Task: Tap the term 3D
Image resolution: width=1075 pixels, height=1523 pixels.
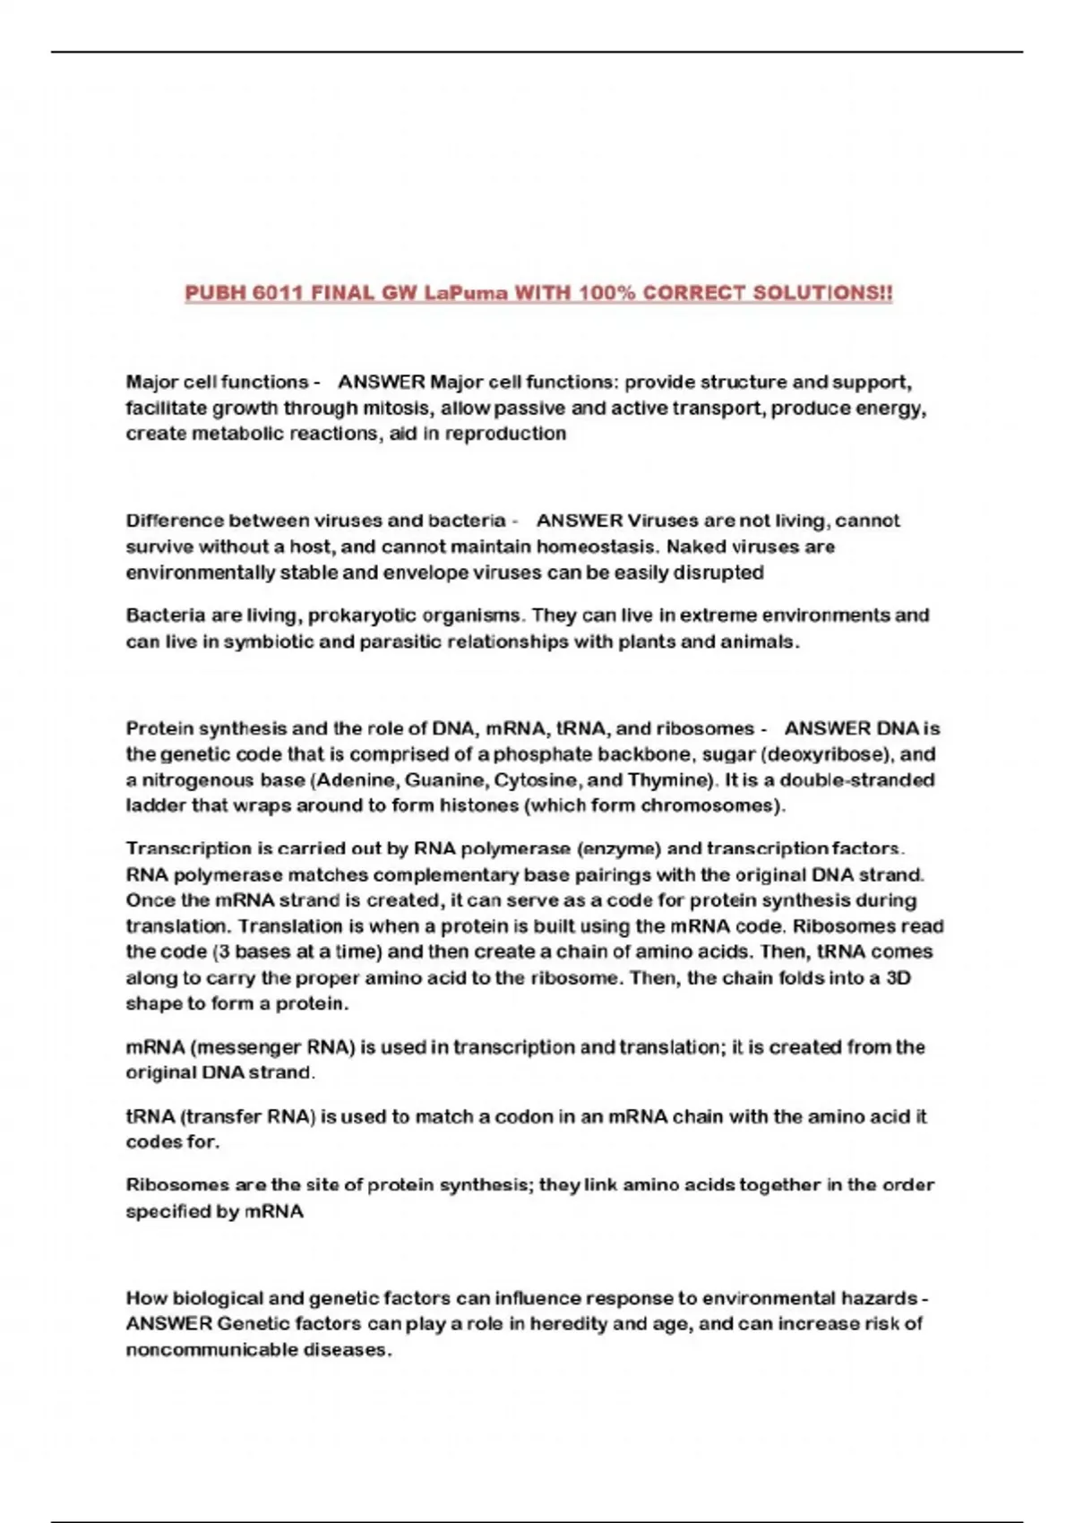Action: click(898, 977)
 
